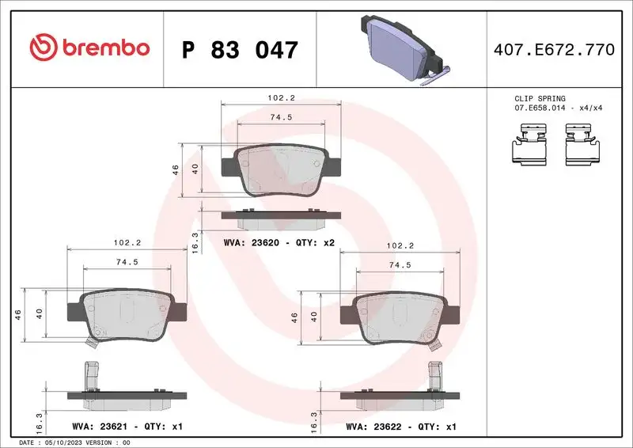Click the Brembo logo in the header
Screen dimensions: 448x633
89,48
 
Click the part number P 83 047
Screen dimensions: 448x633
240,50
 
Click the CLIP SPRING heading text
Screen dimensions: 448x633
540,99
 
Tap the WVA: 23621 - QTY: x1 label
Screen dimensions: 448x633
126,427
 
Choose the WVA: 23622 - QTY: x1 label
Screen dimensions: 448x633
401,427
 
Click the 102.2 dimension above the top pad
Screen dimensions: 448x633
282,98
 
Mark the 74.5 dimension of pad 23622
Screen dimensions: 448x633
399,266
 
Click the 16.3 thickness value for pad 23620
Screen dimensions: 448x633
195,241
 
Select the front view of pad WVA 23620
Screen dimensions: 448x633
282,169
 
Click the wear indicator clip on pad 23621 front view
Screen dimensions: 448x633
89,341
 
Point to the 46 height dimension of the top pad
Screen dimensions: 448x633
175,169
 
